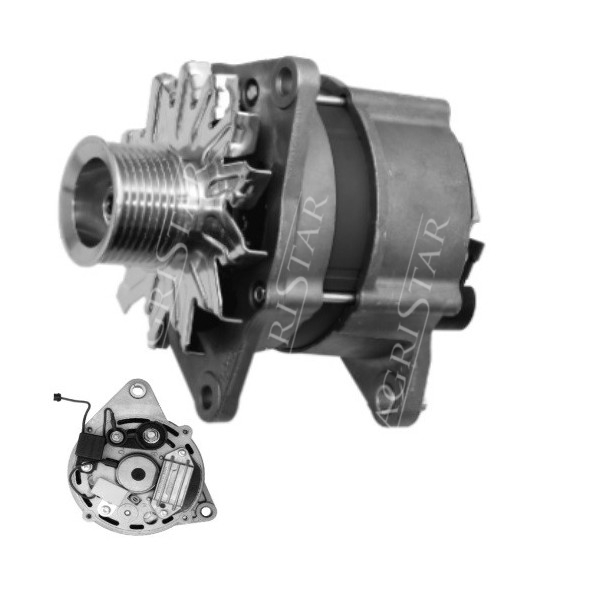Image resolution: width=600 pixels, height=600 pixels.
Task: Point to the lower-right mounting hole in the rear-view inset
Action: (x=205, y=511)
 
